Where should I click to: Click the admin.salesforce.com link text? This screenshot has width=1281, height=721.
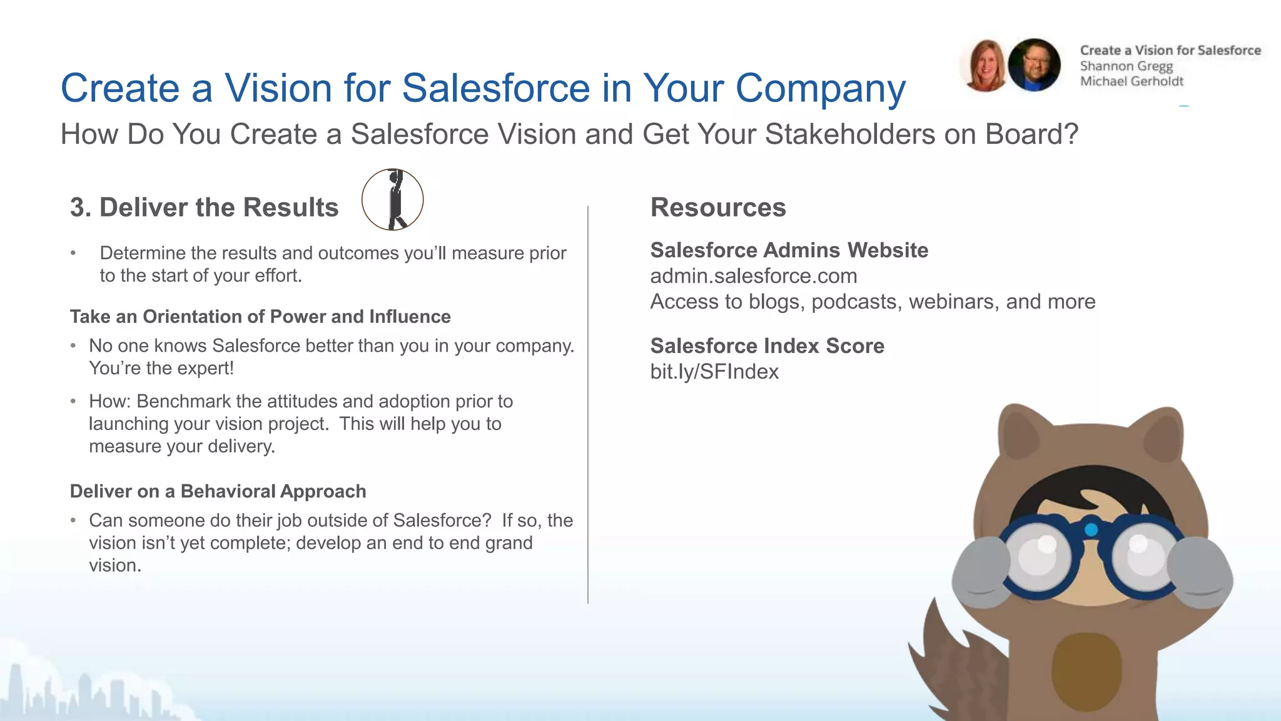753,276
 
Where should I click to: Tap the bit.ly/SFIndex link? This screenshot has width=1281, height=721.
714,372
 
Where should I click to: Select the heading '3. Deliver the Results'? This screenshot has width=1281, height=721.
204,207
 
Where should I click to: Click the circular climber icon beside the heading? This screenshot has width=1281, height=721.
392,200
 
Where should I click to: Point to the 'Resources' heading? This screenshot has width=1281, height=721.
718,207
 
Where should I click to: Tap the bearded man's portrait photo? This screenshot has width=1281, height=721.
1034,65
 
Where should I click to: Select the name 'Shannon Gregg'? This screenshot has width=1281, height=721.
1126,66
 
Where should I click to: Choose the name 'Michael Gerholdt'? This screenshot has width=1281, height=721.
1132,81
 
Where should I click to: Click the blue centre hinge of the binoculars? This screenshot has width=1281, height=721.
1091,529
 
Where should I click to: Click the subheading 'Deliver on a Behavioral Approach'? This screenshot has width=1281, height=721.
218,491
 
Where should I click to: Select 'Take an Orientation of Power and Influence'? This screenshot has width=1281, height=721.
260,317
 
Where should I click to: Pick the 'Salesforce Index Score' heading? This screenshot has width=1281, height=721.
767,345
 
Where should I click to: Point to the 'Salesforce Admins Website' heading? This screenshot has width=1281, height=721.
789,250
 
